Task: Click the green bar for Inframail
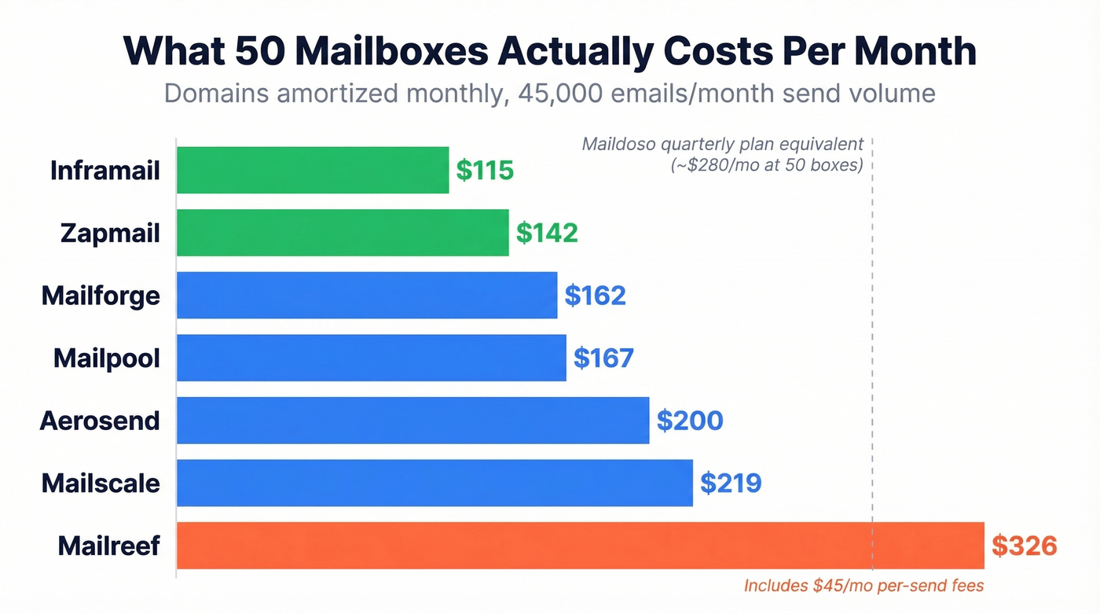pyautogui.click(x=313, y=170)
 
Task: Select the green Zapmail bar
pyautogui.click(x=343, y=233)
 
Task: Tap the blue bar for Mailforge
pyautogui.click(x=367, y=295)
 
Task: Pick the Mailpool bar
pyautogui.click(x=371, y=358)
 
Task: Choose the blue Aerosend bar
pyautogui.click(x=412, y=421)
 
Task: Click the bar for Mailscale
pyautogui.click(x=434, y=483)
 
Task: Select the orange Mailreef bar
pyautogui.click(x=580, y=546)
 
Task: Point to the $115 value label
pyautogui.click(x=485, y=170)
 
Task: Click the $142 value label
pyautogui.click(x=547, y=233)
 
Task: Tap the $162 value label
pyautogui.click(x=595, y=296)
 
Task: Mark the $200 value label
pyautogui.click(x=690, y=421)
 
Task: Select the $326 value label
pyautogui.click(x=1024, y=546)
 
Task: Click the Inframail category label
pyautogui.click(x=104, y=170)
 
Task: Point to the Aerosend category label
pyautogui.click(x=100, y=421)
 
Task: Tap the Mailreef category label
pyautogui.click(x=108, y=546)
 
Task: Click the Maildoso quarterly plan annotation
pyautogui.click(x=722, y=155)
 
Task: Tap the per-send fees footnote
pyautogui.click(x=863, y=586)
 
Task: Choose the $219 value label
pyautogui.click(x=731, y=483)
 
